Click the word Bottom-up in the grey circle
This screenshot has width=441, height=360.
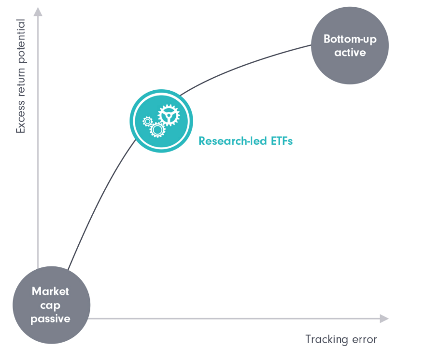coord(350,40)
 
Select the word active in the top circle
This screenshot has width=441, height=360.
coord(350,53)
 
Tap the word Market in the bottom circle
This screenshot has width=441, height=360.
coord(50,291)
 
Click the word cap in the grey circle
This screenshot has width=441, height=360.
coord(50,306)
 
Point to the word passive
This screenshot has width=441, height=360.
coord(50,319)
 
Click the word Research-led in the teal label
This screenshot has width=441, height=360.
coord(233,141)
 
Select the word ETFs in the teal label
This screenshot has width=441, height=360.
coord(282,141)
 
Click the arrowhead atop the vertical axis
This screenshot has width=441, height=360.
coord(38,12)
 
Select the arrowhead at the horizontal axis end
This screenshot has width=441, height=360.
coord(384,318)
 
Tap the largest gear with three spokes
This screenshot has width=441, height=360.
coord(169,115)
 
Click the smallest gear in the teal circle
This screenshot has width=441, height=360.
coord(147,122)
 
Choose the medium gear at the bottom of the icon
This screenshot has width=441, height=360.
coord(157,130)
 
